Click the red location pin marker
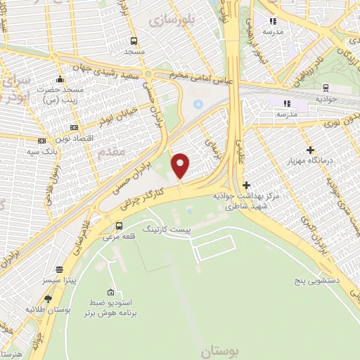coord(181,165)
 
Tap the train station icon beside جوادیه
coord(325,87)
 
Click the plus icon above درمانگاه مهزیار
coord(310,150)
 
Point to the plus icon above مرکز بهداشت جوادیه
coord(246,184)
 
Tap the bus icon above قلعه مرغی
coord(119,226)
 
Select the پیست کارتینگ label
coord(167,229)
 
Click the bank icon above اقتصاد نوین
coord(75,127)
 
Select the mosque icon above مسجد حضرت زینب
coord(60,79)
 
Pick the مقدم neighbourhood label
coord(112,151)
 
